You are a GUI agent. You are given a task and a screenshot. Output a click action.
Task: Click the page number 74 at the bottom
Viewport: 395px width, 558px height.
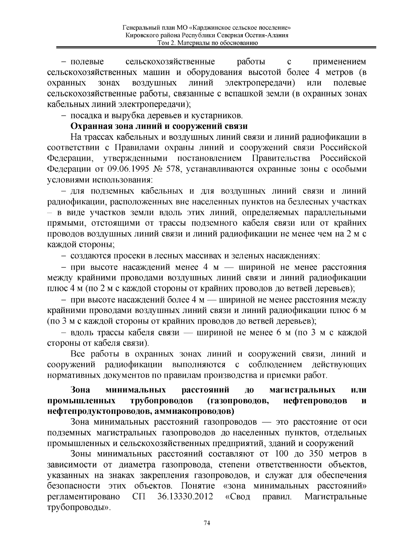coord(207,523)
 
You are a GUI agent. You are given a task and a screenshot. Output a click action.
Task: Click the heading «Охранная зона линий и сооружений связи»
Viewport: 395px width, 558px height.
coord(159,126)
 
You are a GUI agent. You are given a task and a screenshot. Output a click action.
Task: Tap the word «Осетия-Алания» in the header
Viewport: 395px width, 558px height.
coord(270,35)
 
